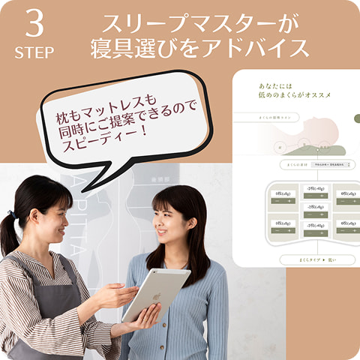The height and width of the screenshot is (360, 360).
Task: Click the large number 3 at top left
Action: click(x=34, y=25)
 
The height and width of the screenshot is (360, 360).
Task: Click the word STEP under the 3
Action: click(x=34, y=52)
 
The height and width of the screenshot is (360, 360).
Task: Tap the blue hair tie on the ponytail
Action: click(x=11, y=215)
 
